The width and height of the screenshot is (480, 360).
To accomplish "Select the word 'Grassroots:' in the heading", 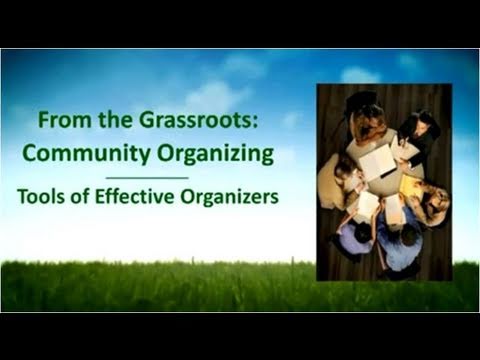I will [221, 122].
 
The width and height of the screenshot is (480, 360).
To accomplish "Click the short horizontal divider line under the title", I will [147, 177].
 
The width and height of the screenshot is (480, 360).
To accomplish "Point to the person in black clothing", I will [420, 135].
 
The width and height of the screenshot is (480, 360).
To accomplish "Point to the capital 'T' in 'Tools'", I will [22, 197].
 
